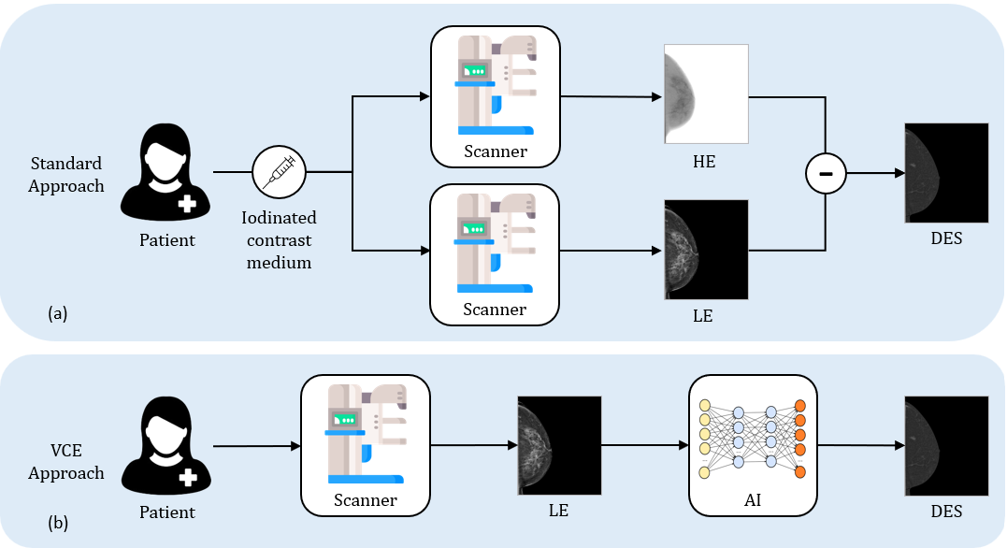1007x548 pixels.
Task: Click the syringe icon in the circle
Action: point(280,173)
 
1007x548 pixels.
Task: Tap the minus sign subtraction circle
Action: point(826,173)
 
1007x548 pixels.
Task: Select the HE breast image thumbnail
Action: point(706,94)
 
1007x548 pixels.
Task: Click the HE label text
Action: point(704,161)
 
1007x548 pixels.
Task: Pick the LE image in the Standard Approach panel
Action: point(706,250)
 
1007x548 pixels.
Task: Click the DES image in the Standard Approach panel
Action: point(946,172)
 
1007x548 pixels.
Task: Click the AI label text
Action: point(753,500)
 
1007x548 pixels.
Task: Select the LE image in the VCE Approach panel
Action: point(559,446)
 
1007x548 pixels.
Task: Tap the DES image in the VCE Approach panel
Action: point(946,446)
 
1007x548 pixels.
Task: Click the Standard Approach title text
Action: point(65,174)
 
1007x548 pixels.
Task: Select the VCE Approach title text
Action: point(65,462)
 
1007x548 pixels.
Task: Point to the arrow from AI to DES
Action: point(861,446)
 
